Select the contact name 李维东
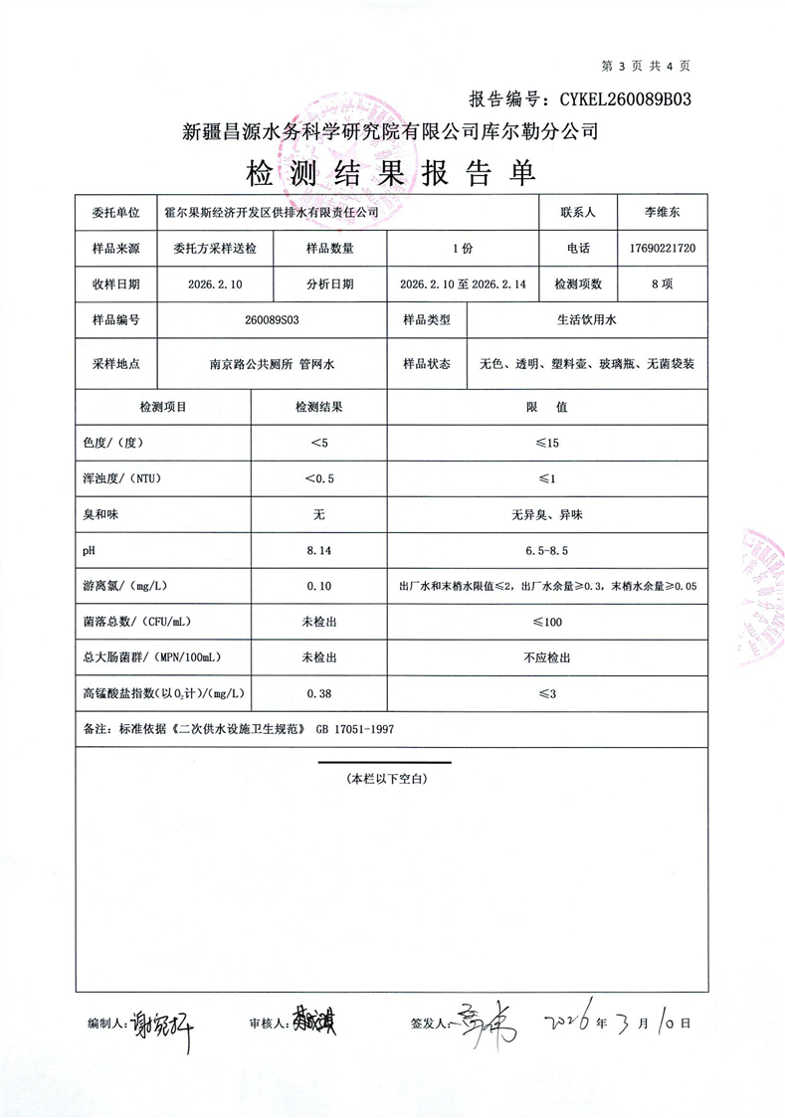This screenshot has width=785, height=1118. pyautogui.click(x=662, y=212)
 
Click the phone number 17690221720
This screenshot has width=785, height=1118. pyautogui.click(x=662, y=248)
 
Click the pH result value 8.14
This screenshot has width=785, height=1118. pyautogui.click(x=318, y=549)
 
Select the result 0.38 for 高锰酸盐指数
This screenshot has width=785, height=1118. pyautogui.click(x=318, y=693)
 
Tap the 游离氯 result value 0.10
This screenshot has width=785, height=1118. pyautogui.click(x=318, y=586)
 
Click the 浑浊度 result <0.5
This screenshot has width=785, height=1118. pyautogui.click(x=318, y=477)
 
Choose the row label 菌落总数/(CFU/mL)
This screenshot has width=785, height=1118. pyautogui.click(x=135, y=622)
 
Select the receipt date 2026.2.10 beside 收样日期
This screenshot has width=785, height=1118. pyautogui.click(x=215, y=283)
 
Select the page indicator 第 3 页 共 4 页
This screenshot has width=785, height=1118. pyautogui.click(x=647, y=66)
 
